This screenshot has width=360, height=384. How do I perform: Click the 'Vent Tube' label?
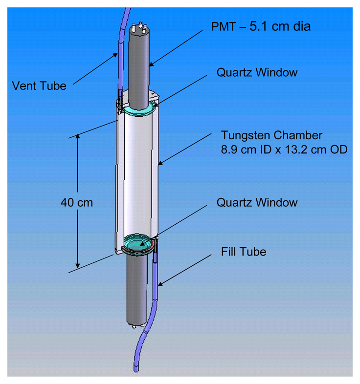click(39, 86)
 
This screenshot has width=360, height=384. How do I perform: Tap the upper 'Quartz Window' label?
click(257, 73)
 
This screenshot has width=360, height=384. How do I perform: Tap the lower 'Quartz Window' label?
click(257, 202)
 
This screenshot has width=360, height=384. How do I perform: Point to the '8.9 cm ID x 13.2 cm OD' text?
click(284, 149)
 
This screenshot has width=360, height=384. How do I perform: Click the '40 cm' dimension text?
click(77, 202)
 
